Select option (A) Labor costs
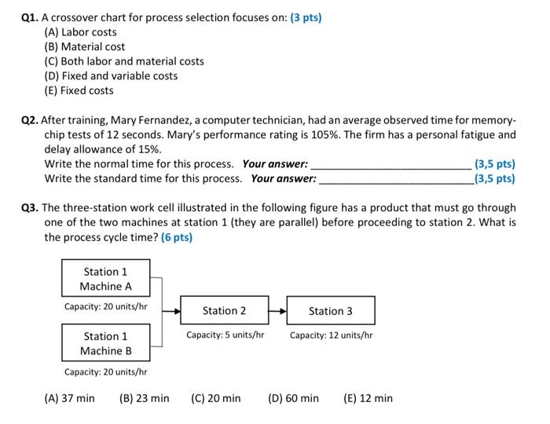(80, 32)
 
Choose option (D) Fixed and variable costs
(111, 76)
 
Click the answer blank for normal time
(392, 165)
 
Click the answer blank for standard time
(396, 179)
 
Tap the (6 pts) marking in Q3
(177, 237)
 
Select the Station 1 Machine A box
(105, 279)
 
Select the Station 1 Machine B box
(105, 343)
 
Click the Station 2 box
(224, 311)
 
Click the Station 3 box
(330, 311)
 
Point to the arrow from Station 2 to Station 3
(277, 311)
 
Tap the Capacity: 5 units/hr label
(225, 335)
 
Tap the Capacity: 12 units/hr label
(331, 335)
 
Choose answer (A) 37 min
(69, 398)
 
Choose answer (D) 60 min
(293, 398)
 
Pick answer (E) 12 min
(368, 398)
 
